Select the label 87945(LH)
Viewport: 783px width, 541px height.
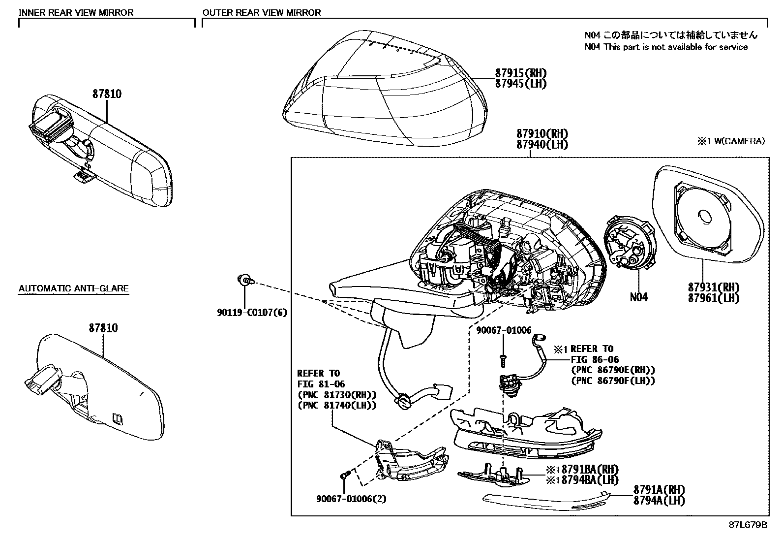[x=520, y=84]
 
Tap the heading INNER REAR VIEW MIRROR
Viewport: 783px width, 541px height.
[x=76, y=12]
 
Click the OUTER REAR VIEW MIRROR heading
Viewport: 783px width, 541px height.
[x=262, y=12]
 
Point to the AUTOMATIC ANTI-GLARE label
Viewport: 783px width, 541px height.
[x=73, y=288]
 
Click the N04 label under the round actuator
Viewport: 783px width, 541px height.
[x=638, y=297]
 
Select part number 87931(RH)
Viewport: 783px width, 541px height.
[x=714, y=287]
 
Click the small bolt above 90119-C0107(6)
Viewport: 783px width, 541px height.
[x=244, y=281]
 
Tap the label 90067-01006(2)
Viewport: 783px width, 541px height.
[x=351, y=499]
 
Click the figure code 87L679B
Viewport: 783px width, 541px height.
[x=748, y=525]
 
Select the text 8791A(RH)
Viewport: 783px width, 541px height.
[x=659, y=490]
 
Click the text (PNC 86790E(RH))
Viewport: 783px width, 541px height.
[x=613, y=370]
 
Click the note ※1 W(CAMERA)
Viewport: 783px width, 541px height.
[x=730, y=141]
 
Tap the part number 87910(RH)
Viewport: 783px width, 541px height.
[x=542, y=134]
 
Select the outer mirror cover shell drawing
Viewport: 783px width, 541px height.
[x=384, y=89]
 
